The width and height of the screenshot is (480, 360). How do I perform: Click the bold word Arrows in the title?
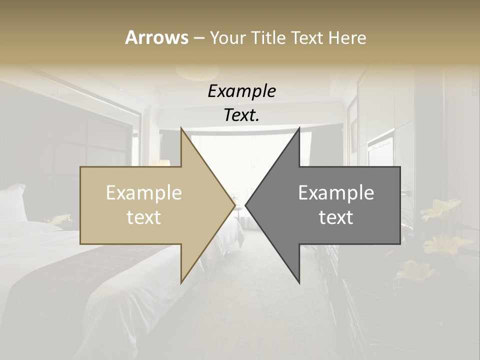click(x=156, y=37)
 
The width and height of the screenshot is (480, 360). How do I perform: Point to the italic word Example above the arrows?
click(x=241, y=91)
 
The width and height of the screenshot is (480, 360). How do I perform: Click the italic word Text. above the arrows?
click(x=241, y=115)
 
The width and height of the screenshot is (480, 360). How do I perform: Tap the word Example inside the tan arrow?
click(x=144, y=193)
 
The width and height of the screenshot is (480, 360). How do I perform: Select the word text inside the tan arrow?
click(x=144, y=217)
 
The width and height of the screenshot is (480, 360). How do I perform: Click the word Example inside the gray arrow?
click(x=336, y=193)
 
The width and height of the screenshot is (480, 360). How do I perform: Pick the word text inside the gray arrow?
click(x=336, y=217)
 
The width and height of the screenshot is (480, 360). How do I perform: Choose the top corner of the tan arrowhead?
click(x=181, y=129)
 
